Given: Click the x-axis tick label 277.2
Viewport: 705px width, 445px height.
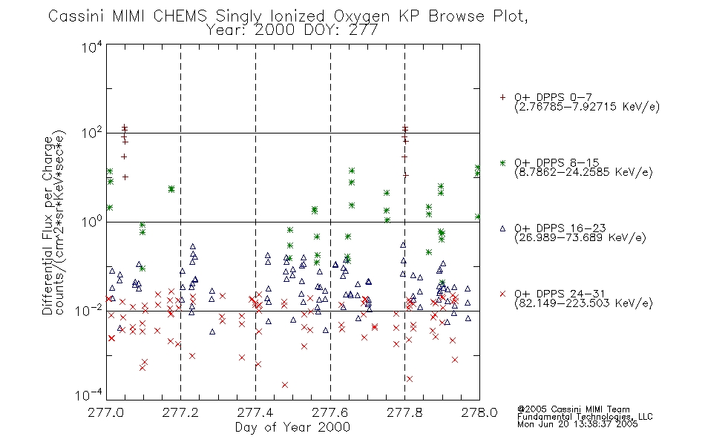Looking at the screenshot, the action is (x=180, y=412).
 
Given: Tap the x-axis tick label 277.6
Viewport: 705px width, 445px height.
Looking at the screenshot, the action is (x=330, y=412).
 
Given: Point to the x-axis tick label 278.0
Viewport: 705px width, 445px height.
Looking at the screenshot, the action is (x=479, y=412).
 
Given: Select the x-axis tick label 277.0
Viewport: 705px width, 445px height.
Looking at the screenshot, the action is (x=105, y=412).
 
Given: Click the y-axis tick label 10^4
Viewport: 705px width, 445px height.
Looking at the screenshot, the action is (x=92, y=47).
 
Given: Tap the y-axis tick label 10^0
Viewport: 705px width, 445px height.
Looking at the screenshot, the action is (x=92, y=222).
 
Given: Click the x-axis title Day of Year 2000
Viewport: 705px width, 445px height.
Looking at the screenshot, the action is (x=292, y=427).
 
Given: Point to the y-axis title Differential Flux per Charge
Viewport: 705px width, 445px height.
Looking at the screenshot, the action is (x=47, y=225).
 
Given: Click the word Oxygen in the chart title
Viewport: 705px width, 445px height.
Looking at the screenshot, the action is (x=361, y=16).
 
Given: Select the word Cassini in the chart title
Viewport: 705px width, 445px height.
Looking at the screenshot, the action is (x=76, y=16).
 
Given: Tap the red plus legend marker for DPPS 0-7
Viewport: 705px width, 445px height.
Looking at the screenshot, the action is (x=502, y=97).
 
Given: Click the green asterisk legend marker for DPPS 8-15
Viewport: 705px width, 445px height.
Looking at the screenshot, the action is (x=502, y=162).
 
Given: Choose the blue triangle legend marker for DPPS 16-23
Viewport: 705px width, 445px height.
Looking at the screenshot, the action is (x=502, y=228).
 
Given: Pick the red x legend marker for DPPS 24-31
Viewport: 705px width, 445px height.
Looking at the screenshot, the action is (x=502, y=294).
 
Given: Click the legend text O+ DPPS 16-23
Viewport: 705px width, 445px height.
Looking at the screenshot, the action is (x=560, y=228).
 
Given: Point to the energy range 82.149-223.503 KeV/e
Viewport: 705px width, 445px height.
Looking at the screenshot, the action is (x=583, y=303).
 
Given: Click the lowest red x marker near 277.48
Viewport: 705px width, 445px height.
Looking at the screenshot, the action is (x=285, y=385).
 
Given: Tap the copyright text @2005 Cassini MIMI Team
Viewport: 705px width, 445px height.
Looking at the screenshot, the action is (x=573, y=409).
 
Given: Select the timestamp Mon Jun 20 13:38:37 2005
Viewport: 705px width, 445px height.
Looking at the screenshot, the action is (x=577, y=424).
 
